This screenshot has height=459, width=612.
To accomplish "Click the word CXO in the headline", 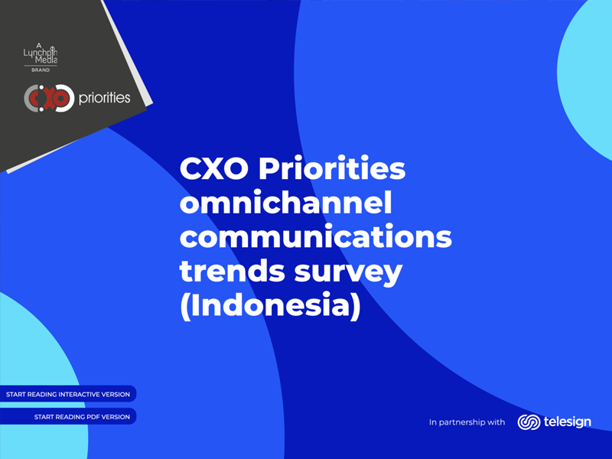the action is point(214,168).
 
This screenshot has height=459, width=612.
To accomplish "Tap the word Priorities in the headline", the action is point(332,168).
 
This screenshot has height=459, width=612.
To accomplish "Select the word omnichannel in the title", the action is point(285,202).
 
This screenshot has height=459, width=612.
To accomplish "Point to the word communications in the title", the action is point(316,236).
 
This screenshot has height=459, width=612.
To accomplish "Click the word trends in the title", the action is point(233,270).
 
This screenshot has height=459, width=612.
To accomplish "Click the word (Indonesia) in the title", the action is point(270,305).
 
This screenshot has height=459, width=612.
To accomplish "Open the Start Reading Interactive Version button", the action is point(68,394).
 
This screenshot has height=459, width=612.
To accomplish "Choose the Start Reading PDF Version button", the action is point(68,416).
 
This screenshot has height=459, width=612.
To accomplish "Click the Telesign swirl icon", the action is point(529,422).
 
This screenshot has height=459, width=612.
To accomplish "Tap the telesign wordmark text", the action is point(567,422).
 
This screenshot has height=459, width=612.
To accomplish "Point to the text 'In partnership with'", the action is point(467,422).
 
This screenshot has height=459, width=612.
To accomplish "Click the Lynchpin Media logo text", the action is point(41,56).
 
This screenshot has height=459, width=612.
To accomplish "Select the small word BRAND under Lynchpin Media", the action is point(41,70).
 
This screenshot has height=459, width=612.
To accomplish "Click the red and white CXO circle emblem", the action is point(49,98).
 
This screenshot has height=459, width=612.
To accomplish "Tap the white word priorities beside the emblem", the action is point(104,98).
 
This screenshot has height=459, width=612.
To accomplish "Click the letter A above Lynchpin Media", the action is point(39,45).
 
